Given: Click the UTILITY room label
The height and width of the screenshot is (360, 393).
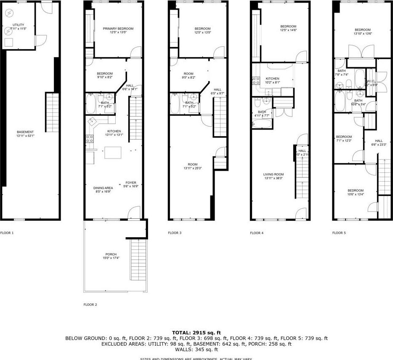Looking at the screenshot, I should click(x=18, y=25).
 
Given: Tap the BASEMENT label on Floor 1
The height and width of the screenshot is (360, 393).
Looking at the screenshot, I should click(x=25, y=132).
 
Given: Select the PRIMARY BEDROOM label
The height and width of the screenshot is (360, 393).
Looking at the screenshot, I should click(x=118, y=29).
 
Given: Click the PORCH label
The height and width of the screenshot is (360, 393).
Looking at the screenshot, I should click(x=111, y=254).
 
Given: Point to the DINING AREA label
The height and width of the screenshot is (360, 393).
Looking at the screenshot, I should click(x=103, y=188).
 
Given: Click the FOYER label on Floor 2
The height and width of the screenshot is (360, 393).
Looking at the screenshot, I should click(x=130, y=183).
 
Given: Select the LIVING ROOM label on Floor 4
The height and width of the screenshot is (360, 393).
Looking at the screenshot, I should click(x=274, y=174).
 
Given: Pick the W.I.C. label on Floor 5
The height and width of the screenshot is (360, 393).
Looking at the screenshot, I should click(x=371, y=81).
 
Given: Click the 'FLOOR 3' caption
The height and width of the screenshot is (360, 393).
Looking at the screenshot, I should click(x=175, y=233).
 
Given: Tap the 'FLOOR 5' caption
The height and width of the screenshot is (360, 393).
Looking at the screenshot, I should click(x=339, y=233).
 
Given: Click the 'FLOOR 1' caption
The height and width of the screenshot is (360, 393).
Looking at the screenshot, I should click(x=7, y=233).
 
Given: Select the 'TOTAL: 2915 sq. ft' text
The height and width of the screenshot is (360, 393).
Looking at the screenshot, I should click(x=196, y=332).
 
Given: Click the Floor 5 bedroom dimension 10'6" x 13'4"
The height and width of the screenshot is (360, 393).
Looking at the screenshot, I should click(x=356, y=194).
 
